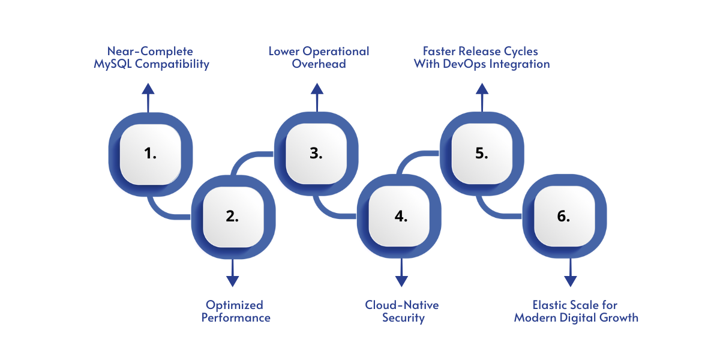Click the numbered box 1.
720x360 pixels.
150,153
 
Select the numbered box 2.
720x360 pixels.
232,217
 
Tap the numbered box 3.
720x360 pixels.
316,153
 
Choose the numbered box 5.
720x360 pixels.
481,153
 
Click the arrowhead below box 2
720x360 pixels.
232,280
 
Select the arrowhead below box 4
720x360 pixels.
401,280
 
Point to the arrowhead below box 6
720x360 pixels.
570,280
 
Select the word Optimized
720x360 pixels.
235,305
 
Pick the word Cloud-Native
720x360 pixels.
402,305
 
